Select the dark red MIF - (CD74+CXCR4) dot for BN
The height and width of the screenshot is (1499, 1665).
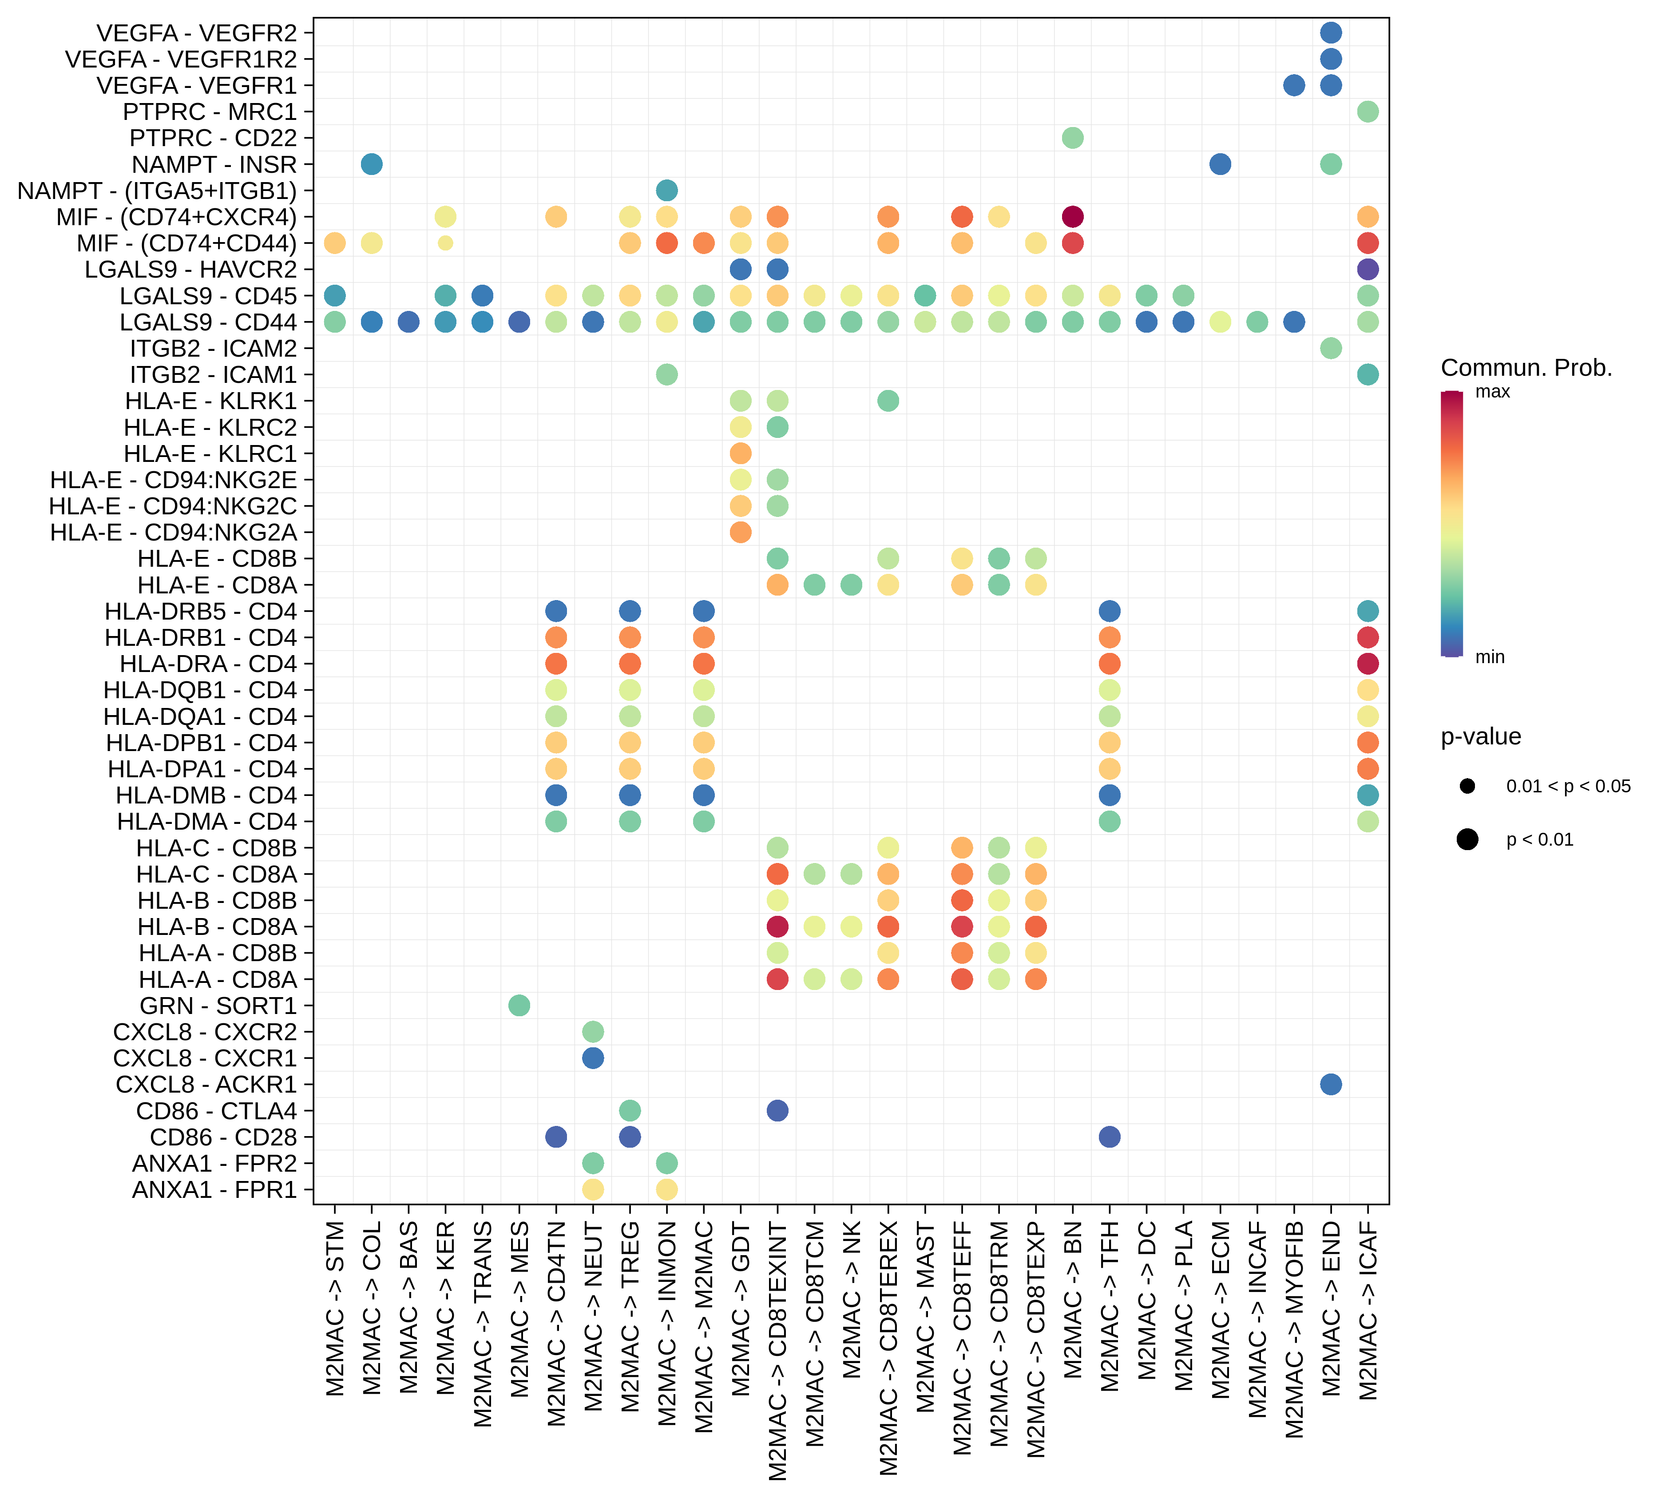pos(1072,217)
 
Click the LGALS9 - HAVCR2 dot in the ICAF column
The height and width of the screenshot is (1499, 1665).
pos(1367,269)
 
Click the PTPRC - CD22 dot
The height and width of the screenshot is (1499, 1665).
pos(1072,138)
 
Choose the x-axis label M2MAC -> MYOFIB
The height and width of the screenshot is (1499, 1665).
pos(1294,1330)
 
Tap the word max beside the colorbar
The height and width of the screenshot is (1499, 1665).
pos(1492,392)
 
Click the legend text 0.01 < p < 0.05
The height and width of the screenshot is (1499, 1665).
pos(1568,787)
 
